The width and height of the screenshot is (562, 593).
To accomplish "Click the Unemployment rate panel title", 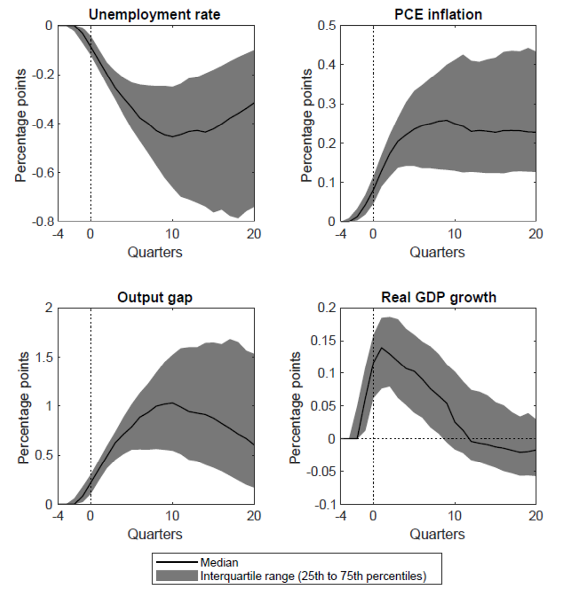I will point(154,15).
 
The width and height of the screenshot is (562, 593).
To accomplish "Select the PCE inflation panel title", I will point(438,15).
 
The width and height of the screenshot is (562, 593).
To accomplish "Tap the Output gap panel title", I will point(154,297).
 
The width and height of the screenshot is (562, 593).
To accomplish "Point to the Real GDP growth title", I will point(438,297).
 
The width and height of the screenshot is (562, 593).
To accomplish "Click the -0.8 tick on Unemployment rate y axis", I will point(43,222).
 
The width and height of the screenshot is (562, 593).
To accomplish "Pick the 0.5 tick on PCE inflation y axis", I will point(327,25).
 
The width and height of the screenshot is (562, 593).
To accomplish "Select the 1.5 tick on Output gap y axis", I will point(46,357).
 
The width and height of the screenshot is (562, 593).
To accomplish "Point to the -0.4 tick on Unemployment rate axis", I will point(43,124).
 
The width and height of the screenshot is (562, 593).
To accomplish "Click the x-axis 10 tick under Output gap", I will point(172,516).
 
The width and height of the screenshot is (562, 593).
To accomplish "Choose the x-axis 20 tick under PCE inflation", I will point(536,234).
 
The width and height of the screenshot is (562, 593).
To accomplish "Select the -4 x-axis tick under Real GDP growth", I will point(341,516).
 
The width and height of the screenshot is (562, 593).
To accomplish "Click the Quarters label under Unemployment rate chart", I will point(154,252).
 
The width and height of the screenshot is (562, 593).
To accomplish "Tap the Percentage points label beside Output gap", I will point(23,408).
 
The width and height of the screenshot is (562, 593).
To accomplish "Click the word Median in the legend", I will point(219,563).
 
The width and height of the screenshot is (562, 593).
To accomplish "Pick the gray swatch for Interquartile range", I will point(177,576).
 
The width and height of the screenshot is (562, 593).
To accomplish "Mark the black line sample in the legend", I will point(177,563).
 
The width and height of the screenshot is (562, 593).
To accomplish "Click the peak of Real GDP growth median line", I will point(381,348).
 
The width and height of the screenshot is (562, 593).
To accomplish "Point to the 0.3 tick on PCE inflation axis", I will point(327,104).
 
